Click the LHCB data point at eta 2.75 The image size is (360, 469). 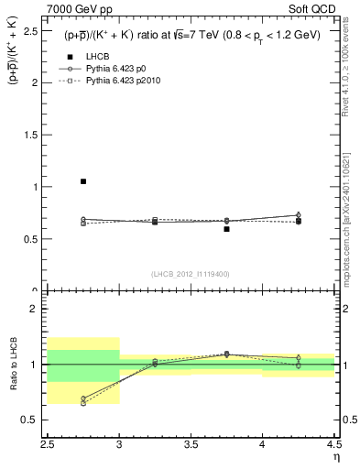point(83,181)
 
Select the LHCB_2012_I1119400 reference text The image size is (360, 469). point(191,274)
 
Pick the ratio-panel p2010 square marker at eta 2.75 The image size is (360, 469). point(83,403)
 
